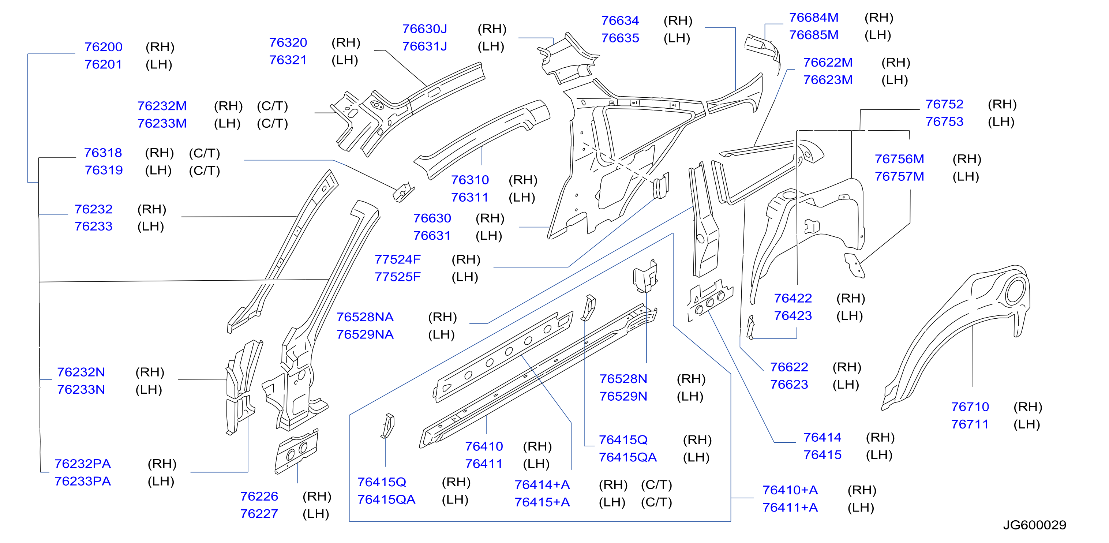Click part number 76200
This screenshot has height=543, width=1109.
[103, 46]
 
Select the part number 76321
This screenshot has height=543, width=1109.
[288, 60]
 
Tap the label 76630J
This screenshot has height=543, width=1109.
[424, 29]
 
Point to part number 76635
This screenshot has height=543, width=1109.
[620, 38]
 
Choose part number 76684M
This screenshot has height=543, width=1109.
[814, 18]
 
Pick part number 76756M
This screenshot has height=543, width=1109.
[899, 159]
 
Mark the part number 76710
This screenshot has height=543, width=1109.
[970, 407]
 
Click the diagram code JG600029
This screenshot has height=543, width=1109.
[1034, 525]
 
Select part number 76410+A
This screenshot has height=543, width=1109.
[790, 490]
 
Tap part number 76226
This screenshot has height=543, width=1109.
[259, 496]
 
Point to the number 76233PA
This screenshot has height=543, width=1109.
[83, 481]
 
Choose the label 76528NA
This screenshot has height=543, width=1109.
[365, 317]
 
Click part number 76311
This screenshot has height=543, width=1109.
[470, 197]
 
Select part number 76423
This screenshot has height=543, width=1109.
[793, 316]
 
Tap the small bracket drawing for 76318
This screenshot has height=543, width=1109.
[404, 192]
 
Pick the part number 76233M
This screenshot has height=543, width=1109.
[162, 123]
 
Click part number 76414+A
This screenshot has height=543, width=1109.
[542, 484]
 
